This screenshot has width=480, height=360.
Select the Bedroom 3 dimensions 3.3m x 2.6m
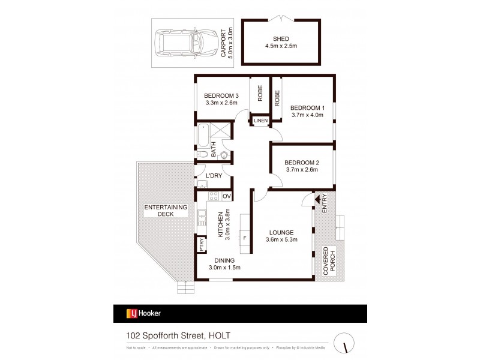pyautogui.click(x=221, y=103)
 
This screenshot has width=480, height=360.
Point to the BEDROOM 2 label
pyautogui.click(x=301, y=162)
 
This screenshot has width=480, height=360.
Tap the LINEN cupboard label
pyautogui.click(x=260, y=121)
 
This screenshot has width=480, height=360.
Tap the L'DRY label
pyautogui.click(x=214, y=175)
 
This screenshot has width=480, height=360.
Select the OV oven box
pyautogui.click(x=227, y=196)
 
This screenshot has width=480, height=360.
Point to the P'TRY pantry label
pyautogui.click(x=202, y=245)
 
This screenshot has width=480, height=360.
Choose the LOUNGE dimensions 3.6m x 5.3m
pyautogui.click(x=281, y=240)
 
